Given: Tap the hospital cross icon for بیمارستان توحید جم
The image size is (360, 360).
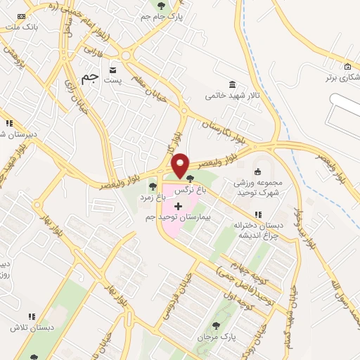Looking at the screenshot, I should pyautogui.click(x=177, y=207).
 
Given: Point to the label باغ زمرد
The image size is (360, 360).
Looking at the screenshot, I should pyautogui.click(x=152, y=198).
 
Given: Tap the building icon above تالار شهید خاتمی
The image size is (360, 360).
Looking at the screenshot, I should pyautogui.click(x=233, y=83).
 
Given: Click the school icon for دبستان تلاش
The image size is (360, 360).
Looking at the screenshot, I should pyautogui.click(x=30, y=318).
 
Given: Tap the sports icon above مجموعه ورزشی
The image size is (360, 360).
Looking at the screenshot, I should pyautogui.click(x=257, y=172).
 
